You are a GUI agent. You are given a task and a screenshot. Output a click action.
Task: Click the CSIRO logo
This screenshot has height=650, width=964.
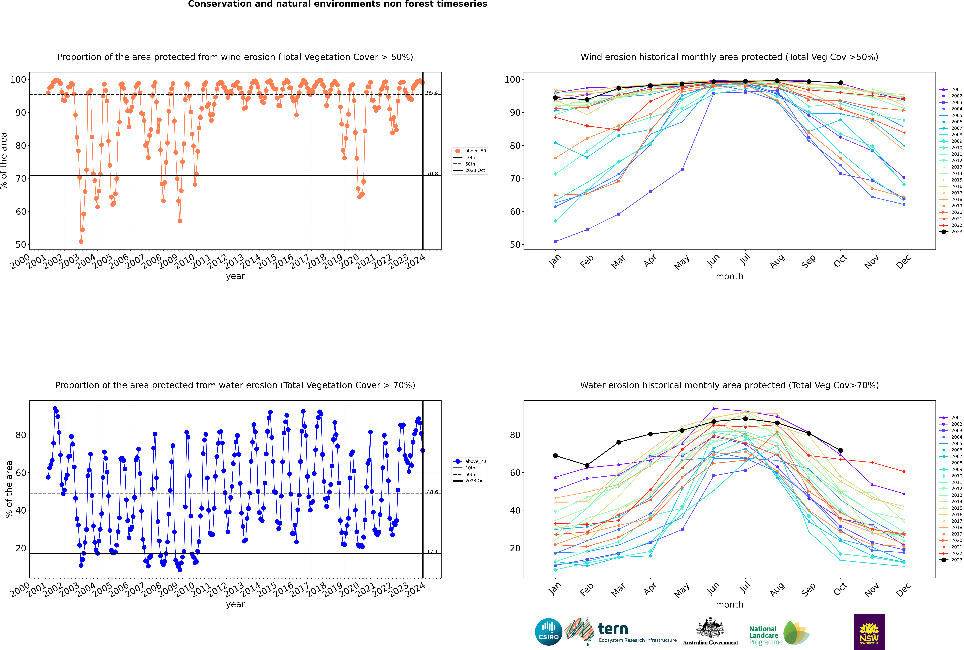tap(548, 632)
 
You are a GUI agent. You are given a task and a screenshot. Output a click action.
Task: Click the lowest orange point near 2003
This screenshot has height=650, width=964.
tap(81, 242)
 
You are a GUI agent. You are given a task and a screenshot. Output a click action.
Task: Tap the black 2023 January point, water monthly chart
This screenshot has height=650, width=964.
tap(555, 456)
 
